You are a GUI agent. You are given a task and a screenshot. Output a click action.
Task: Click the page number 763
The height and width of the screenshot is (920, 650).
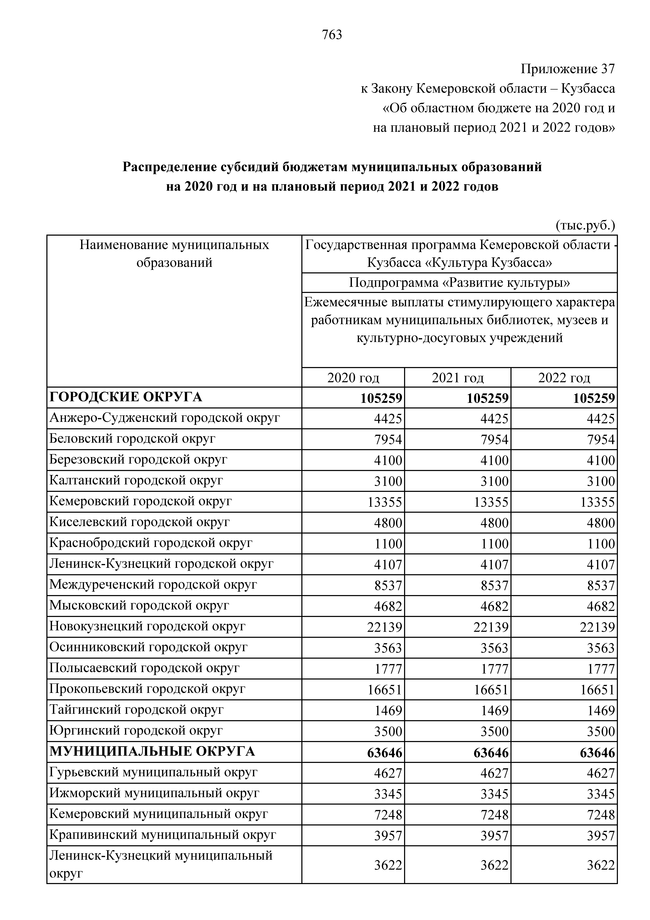click(332, 35)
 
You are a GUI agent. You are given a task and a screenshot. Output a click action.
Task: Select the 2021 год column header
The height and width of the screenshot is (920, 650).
click(458, 378)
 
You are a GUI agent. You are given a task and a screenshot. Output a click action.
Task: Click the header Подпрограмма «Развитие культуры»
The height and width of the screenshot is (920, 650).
click(459, 283)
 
